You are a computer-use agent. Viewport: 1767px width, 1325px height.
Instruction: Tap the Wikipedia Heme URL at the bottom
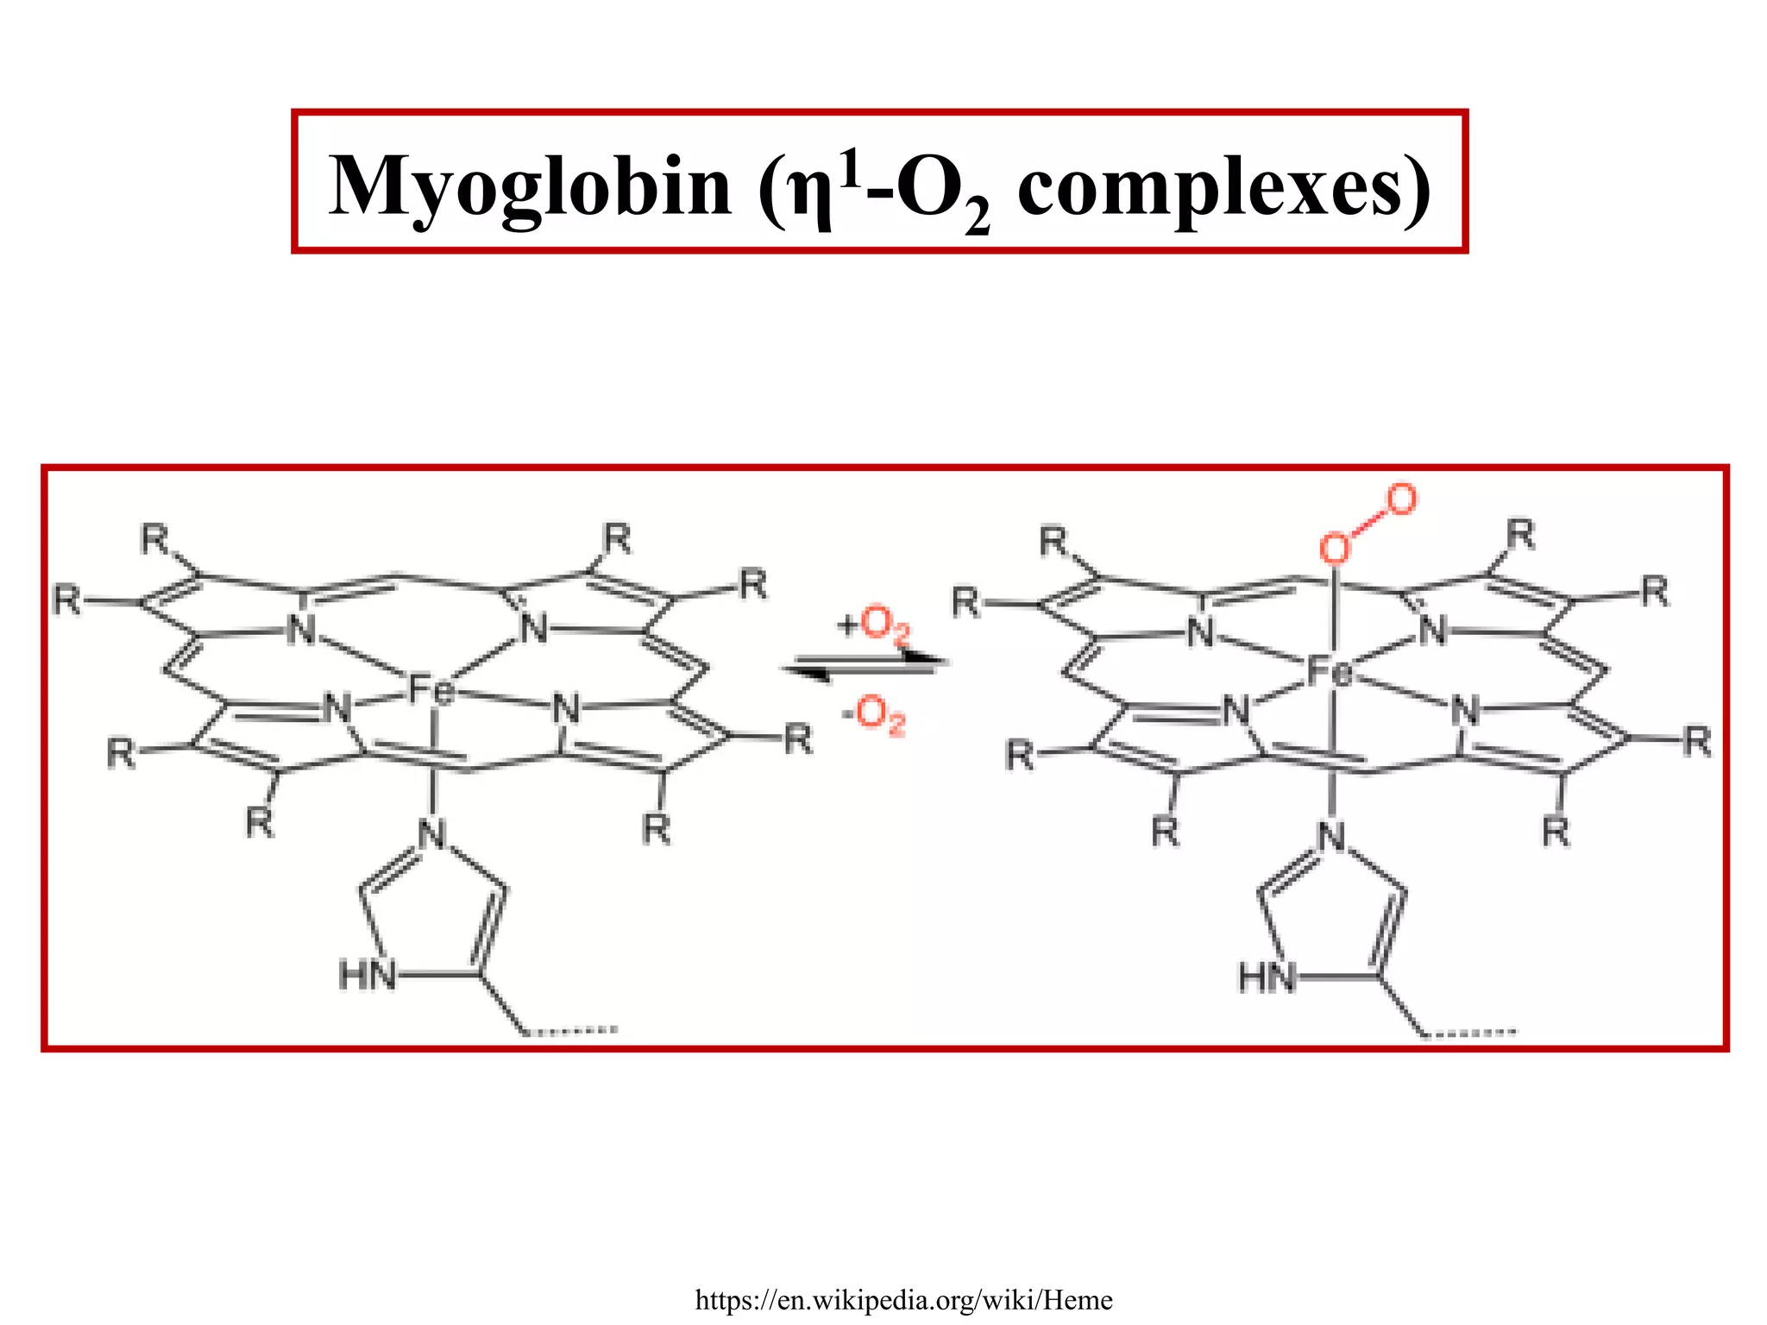pyautogui.click(x=903, y=1299)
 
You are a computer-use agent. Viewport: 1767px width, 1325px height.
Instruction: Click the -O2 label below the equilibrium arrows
pyautogui.click(x=874, y=714)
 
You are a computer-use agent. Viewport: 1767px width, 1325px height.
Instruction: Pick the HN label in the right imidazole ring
pyautogui.click(x=1267, y=978)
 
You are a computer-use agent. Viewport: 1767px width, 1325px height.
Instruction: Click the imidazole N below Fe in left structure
pyautogui.click(x=432, y=834)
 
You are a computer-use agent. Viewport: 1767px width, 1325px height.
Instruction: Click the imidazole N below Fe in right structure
pyautogui.click(x=1332, y=837)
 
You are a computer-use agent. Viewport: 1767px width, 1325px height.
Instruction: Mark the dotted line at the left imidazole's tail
pyautogui.click(x=571, y=1029)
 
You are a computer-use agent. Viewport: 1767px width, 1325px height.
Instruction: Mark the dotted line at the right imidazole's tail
pyautogui.click(x=1470, y=1033)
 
